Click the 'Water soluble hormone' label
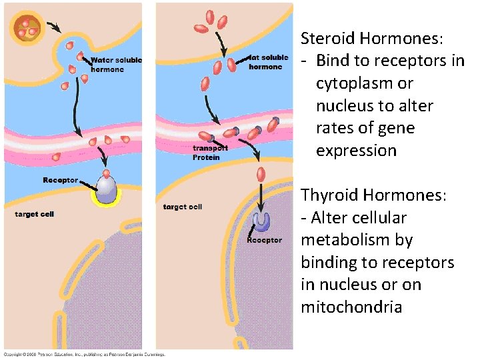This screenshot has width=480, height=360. tap(116, 65)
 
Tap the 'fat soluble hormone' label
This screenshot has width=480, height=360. tap(269, 62)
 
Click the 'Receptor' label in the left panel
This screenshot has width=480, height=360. tap(60, 180)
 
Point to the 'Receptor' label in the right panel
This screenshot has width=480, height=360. tap(265, 240)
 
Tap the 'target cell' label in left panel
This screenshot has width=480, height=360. tap(34, 214)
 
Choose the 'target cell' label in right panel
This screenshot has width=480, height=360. tap(183, 207)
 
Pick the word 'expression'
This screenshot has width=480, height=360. tap(356, 151)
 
